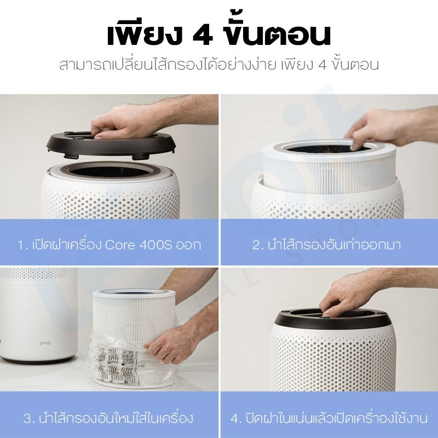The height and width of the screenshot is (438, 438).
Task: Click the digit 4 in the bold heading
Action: [x=203, y=36]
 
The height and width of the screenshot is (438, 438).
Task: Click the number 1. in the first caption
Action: [x=23, y=245]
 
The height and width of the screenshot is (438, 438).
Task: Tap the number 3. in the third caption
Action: [x=30, y=418]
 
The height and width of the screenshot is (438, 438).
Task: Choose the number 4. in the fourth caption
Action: [x=237, y=418]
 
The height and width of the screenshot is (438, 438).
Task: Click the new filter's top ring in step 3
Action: [x=134, y=294]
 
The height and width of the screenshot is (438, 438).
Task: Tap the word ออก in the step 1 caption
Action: [x=188, y=245]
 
